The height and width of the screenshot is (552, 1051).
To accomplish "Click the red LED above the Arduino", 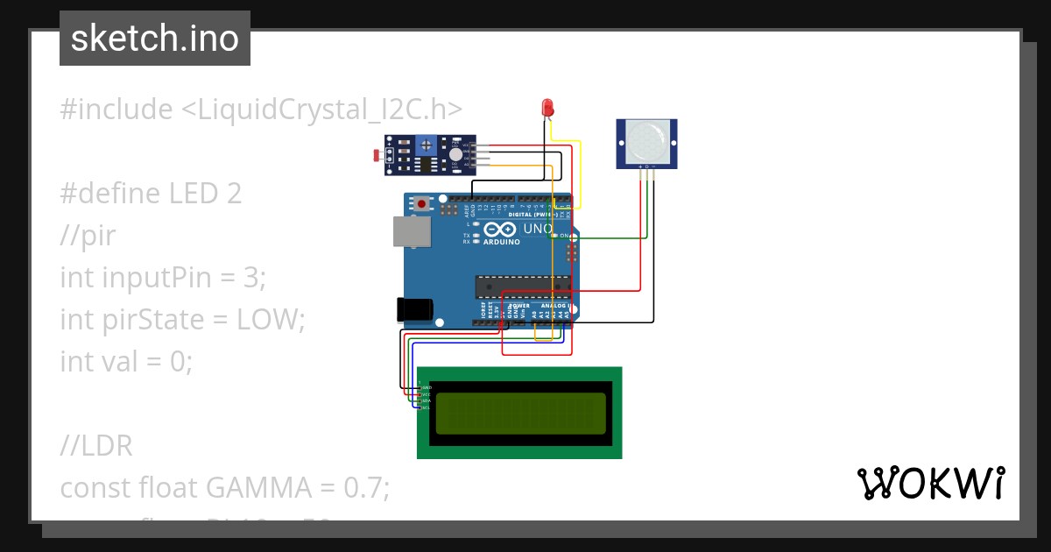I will click(x=548, y=108).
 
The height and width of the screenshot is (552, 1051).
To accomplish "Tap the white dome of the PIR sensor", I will click(x=647, y=139).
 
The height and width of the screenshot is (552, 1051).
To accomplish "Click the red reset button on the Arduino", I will click(x=423, y=204).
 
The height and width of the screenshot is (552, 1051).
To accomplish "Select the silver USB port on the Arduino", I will click(x=410, y=231).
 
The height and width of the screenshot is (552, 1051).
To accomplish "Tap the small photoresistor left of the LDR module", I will click(x=377, y=156).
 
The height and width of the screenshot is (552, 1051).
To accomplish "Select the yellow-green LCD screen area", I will click(x=520, y=413).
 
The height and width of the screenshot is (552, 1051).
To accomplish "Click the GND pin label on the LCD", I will click(x=427, y=387).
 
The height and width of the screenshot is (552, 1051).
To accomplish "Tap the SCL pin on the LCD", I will click(x=426, y=408).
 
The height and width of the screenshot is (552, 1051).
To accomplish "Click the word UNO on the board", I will click(x=536, y=230).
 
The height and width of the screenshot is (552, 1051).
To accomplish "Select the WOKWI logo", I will click(x=929, y=484).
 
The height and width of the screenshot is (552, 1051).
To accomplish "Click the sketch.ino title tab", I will click(x=155, y=39).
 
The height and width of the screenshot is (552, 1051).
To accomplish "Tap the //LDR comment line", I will click(x=96, y=445).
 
